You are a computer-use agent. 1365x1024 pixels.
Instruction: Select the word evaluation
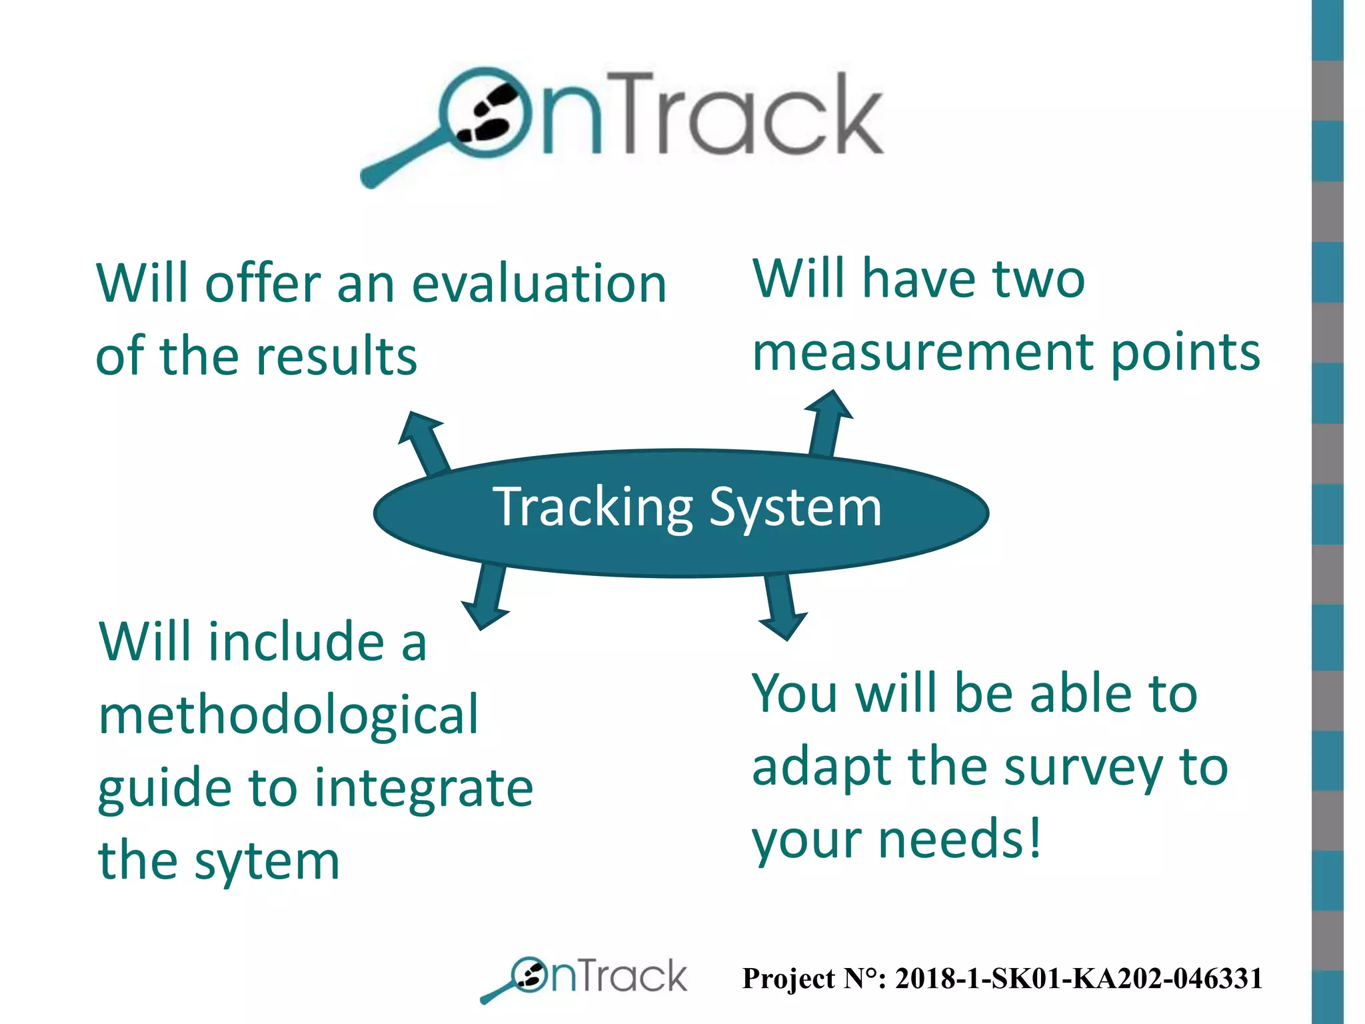pyautogui.click(x=539, y=284)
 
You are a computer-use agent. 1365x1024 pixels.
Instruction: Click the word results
pyautogui.click(x=337, y=357)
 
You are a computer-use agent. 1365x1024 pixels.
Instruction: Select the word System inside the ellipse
pyautogui.click(x=795, y=508)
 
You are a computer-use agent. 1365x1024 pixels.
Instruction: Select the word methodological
pyautogui.click(x=288, y=715)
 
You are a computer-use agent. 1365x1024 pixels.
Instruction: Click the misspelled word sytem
pyautogui.click(x=267, y=861)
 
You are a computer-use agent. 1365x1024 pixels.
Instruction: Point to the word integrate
pyautogui.click(x=423, y=788)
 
